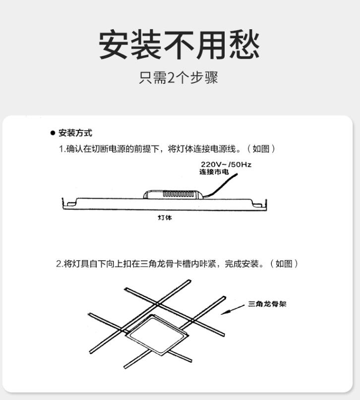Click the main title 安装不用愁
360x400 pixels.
[179, 45]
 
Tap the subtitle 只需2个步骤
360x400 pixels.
[179, 77]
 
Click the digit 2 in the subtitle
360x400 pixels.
[171, 77]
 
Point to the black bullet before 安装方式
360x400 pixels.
[53, 133]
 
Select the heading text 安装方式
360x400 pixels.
[75, 133]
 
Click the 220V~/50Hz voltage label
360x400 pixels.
[226, 165]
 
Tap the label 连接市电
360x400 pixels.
[214, 172]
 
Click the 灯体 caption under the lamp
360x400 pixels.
[165, 217]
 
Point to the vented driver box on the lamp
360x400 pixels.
[174, 194]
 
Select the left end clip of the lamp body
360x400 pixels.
[69, 203]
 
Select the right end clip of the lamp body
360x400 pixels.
[260, 204]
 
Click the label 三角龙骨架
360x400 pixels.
[267, 304]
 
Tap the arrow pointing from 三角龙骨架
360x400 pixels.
[233, 310]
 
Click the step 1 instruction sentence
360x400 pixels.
[167, 148]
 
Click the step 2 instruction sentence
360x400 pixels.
[178, 264]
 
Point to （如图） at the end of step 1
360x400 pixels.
[261, 148]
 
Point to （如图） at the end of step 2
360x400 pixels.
[284, 264]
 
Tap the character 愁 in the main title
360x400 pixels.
[245, 45]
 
